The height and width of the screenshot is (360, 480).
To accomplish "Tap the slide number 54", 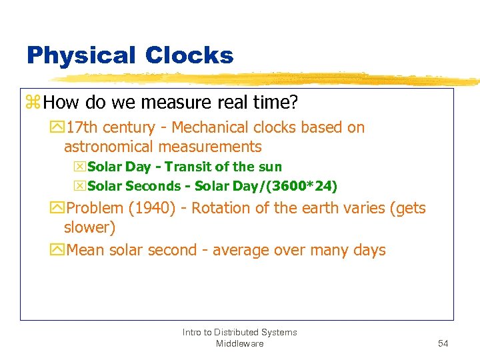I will pos(443,343).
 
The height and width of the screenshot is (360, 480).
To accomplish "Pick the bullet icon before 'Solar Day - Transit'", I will pos(81,167).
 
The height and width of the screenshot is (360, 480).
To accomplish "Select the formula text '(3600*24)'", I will pos(301,186).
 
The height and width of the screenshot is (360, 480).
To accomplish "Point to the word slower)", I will pos(89,227).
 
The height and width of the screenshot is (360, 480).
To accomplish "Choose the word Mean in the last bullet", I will pos(85,250).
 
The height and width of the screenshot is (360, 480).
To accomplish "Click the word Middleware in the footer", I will pos(239,343).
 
